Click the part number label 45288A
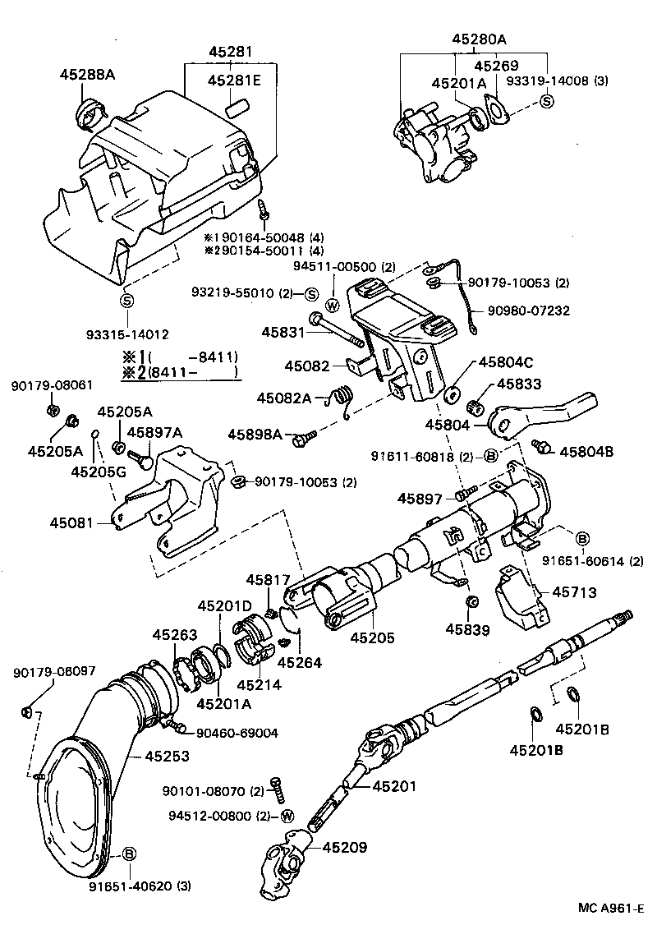87,75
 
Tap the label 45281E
234,80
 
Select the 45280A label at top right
479,39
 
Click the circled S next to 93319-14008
547,101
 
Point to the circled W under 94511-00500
333,305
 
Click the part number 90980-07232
529,311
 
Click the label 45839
467,630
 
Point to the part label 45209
345,847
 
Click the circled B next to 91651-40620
128,854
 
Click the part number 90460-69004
237,733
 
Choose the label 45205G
96,472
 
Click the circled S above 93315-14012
127,301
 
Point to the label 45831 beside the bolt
283,332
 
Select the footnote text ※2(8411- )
180,372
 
